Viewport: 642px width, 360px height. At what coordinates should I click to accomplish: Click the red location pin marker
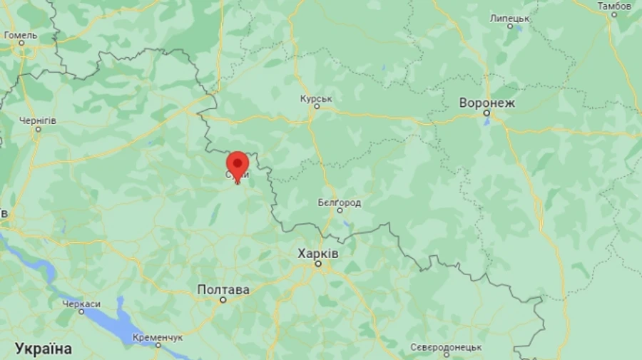pos(237,164)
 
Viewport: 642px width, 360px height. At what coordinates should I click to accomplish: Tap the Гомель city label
pos(21,35)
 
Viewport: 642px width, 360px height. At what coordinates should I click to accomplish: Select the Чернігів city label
pos(37,120)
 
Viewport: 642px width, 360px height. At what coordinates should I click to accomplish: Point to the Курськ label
pos(316,98)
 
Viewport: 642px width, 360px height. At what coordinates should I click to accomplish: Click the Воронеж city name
pos(487,103)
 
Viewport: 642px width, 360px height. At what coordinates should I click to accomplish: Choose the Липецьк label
pos(510,17)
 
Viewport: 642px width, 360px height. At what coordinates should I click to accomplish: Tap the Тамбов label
pos(614,6)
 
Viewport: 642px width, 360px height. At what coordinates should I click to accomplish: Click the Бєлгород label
pos(340,202)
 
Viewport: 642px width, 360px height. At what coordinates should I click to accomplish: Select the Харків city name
pos(318,254)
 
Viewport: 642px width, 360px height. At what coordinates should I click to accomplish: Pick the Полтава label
pos(223,289)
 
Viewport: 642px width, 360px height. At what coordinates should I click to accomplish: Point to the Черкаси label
pos(81,304)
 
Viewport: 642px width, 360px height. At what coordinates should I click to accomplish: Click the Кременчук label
pos(158,336)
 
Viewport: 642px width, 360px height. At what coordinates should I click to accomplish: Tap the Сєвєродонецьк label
pos(446,347)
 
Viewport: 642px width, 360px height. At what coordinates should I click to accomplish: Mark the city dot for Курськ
pos(316,106)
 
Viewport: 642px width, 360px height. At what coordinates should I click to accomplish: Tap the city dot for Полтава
pos(223,299)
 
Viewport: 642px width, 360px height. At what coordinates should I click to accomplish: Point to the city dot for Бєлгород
pos(340,211)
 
